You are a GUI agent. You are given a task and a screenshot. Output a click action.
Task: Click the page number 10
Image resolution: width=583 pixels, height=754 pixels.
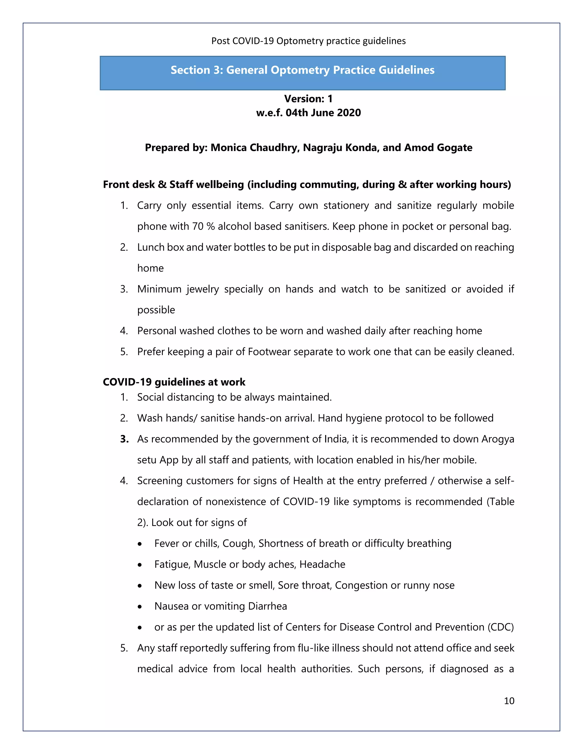coord(509,701)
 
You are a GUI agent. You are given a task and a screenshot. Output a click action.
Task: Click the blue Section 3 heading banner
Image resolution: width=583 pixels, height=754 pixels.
coord(302,73)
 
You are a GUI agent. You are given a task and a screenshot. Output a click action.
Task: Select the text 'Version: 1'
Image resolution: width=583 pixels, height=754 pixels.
coord(308,99)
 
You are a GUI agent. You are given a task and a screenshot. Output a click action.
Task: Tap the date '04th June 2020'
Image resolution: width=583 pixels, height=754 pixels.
coord(323,113)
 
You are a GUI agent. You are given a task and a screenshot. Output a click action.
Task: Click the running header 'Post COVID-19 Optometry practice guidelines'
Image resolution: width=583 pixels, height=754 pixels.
coord(308,41)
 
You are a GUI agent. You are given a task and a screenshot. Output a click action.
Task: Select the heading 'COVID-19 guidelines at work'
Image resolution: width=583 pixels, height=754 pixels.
coord(174,382)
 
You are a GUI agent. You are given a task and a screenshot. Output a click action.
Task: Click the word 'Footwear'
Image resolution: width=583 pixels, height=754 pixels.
coord(268,351)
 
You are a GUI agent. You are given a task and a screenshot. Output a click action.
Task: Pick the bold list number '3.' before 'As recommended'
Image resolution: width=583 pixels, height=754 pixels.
coord(124,439)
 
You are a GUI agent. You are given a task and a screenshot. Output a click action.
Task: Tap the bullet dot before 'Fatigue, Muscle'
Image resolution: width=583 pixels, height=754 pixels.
coord(139,565)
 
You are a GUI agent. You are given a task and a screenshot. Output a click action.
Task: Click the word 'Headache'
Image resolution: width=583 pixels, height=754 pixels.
coord(322,564)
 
